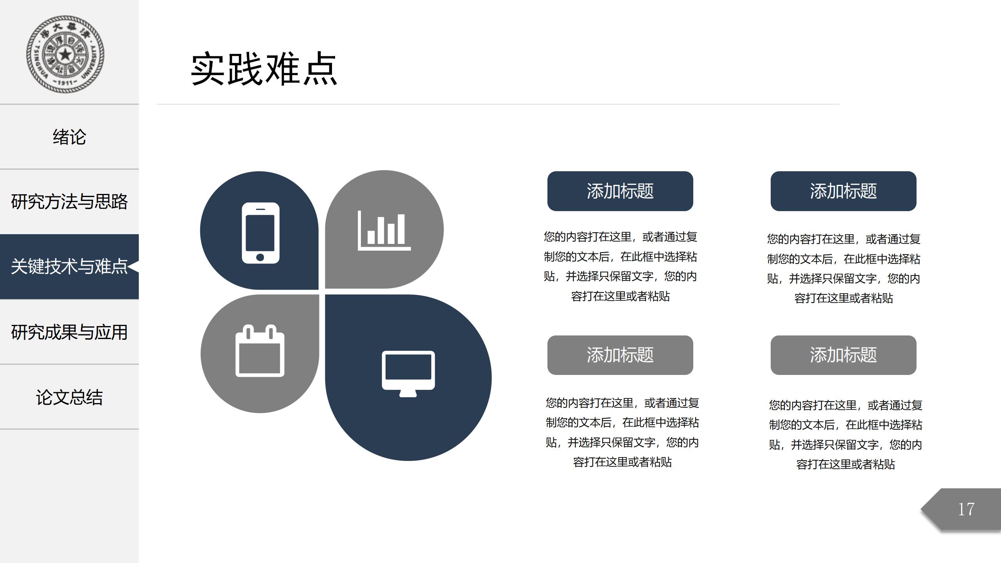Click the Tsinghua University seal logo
click(65, 54)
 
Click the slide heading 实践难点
click(264, 69)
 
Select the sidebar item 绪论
click(69, 137)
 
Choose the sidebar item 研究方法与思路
click(69, 202)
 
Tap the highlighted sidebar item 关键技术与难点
click(69, 267)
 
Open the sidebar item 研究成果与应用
click(69, 332)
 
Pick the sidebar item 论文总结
click(69, 398)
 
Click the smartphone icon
click(260, 233)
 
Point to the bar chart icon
click(384, 230)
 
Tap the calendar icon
click(260, 351)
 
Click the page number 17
click(966, 509)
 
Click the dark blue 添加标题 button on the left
click(620, 191)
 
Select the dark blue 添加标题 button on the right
click(843, 191)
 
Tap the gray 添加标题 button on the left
click(620, 355)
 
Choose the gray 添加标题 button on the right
click(843, 355)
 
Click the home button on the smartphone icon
click(260, 257)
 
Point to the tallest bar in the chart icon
click(401, 229)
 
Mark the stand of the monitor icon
click(408, 393)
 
